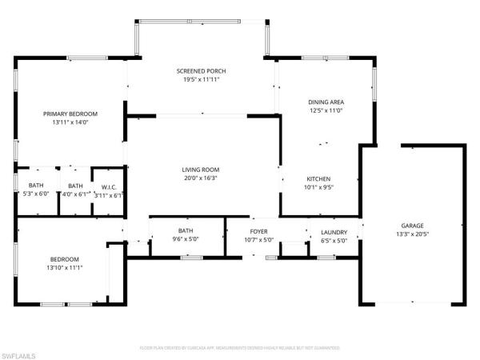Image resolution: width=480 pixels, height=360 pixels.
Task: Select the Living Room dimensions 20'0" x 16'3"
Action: [x=200, y=178]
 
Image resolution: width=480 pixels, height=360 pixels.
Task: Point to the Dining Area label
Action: [x=326, y=102]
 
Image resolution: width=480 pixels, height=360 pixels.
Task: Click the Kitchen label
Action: [x=318, y=178]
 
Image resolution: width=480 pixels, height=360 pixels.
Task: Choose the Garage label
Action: [x=412, y=226]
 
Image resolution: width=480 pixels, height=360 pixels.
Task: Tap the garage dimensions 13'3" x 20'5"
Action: [x=412, y=235]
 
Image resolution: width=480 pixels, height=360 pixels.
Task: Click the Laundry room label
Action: [x=334, y=231]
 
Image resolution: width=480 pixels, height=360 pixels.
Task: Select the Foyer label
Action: [x=262, y=231]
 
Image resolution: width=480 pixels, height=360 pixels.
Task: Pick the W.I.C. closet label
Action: [x=108, y=187]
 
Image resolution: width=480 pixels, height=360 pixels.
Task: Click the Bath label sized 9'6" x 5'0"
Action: [x=186, y=231]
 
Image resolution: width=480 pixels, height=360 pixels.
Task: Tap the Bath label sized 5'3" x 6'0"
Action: [x=35, y=187]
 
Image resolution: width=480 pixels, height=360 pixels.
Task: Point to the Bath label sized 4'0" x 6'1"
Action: [x=75, y=187]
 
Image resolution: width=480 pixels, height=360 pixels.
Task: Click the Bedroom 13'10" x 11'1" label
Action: [x=65, y=258]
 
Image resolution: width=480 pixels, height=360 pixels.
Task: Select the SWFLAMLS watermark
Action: [x=20, y=353]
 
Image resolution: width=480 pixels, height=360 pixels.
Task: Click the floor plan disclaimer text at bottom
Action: [x=239, y=349]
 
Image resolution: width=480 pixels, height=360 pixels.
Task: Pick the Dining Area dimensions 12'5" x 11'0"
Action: [x=326, y=111]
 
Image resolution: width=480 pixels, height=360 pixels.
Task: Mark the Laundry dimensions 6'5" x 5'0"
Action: [x=334, y=240]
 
